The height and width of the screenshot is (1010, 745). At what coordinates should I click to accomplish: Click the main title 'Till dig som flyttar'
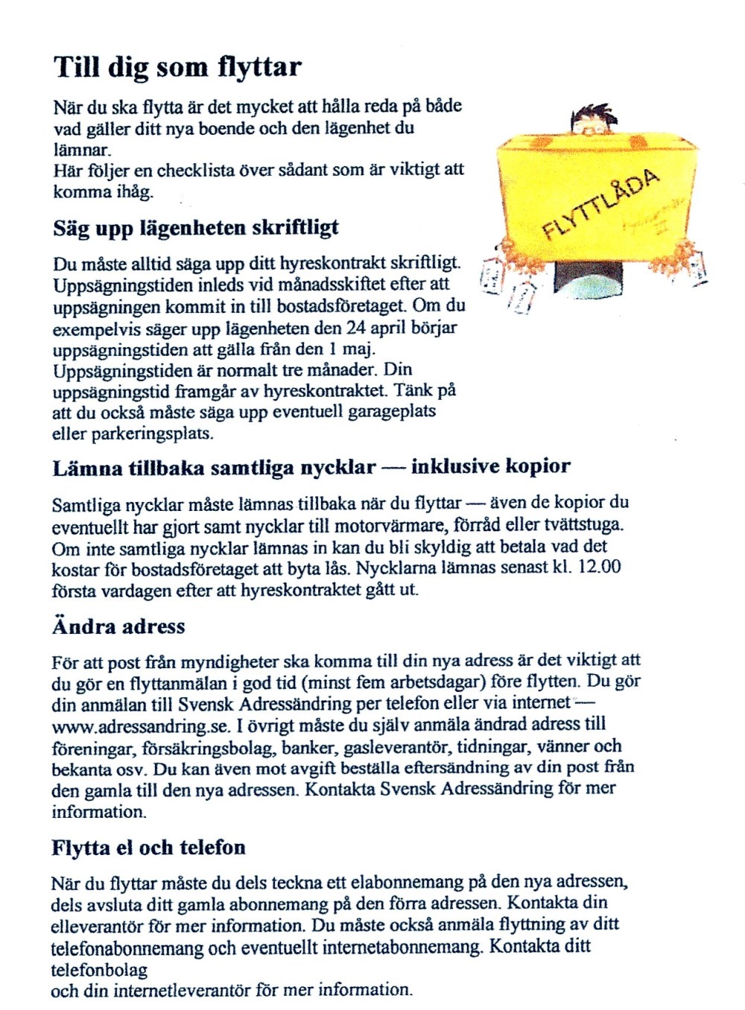[177, 67]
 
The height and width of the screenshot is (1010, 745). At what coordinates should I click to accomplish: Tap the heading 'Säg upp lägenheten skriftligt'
[196, 227]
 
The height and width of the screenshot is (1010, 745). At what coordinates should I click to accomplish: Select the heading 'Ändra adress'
[118, 626]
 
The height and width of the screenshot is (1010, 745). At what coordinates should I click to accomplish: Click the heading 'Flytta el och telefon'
[148, 848]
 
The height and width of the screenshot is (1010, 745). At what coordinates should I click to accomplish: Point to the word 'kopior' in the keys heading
[538, 467]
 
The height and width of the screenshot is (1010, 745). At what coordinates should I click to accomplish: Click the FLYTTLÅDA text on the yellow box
[600, 204]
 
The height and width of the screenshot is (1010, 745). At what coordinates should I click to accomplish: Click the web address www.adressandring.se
[142, 725]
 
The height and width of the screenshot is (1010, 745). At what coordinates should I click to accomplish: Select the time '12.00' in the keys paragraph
[600, 568]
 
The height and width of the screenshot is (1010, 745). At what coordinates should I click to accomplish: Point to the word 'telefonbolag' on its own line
[99, 970]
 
